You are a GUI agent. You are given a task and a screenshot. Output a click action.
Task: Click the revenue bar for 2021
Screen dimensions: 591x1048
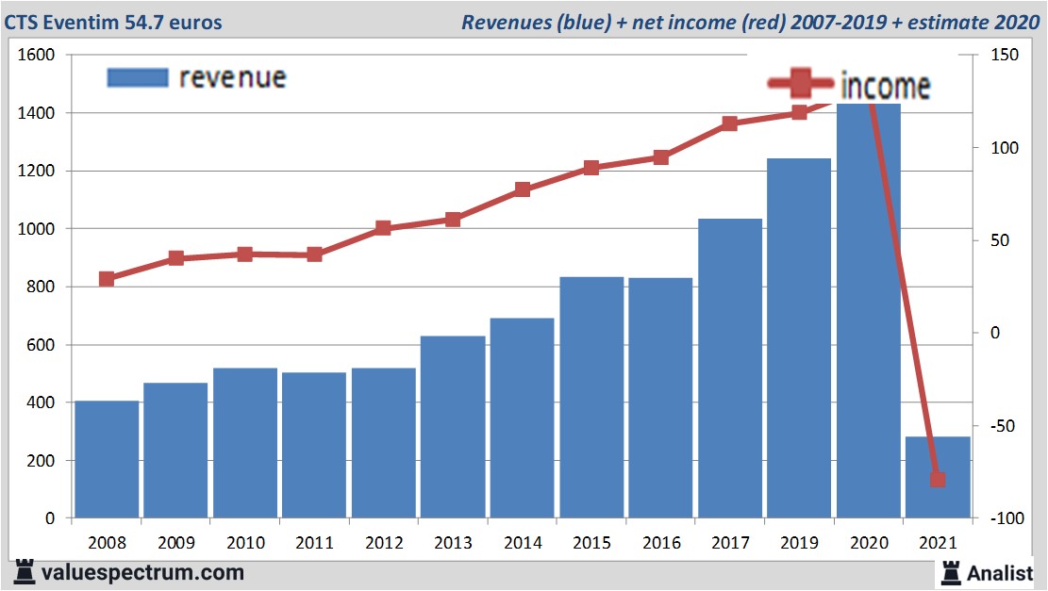pyautogui.click(x=937, y=477)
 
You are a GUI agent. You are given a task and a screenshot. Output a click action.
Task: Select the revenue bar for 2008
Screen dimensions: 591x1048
pyautogui.click(x=107, y=459)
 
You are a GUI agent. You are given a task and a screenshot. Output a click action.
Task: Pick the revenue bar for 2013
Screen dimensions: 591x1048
pyautogui.click(x=453, y=426)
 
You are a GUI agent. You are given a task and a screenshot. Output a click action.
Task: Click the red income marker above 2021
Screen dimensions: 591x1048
pyautogui.click(x=937, y=479)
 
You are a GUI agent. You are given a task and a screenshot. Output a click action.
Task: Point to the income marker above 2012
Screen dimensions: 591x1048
pyautogui.click(x=383, y=228)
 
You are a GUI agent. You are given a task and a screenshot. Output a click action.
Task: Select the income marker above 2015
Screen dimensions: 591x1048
pyautogui.click(x=591, y=168)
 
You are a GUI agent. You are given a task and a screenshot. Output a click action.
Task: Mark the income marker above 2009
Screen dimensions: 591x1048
pyautogui.click(x=175, y=258)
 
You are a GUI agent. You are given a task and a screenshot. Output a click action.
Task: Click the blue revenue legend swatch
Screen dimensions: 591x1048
pyautogui.click(x=138, y=77)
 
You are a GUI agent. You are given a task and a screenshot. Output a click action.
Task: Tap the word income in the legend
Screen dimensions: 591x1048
pyautogui.click(x=885, y=87)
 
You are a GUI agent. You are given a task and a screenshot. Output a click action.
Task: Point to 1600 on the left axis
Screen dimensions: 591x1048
pyautogui.click(x=37, y=56)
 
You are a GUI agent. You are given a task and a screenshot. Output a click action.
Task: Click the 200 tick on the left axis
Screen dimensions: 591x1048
pyautogui.click(x=43, y=461)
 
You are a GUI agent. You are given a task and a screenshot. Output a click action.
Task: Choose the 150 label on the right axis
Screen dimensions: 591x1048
pyautogui.click(x=1004, y=56)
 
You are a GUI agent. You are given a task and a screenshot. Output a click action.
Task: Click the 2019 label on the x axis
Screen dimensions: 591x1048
pyautogui.click(x=799, y=544)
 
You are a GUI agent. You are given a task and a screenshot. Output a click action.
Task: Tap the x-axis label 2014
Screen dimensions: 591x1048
pyautogui.click(x=522, y=544)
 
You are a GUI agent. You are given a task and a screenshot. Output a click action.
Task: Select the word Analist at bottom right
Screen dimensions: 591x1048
pyautogui.click(x=1000, y=572)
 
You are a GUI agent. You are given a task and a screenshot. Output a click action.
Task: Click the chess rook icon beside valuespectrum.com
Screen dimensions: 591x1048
pyautogui.click(x=25, y=572)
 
